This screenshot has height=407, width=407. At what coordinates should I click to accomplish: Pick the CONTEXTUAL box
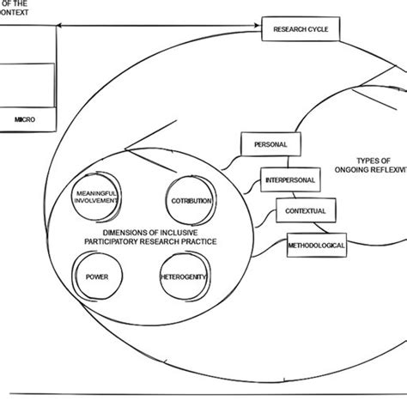(x=306, y=210)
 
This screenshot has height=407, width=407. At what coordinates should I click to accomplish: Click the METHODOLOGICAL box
(x=316, y=245)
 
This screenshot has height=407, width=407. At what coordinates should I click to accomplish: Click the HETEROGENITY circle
(x=185, y=278)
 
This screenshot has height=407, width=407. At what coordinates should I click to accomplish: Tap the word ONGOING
(x=346, y=171)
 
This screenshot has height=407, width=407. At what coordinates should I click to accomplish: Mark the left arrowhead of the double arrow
(x=64, y=29)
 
